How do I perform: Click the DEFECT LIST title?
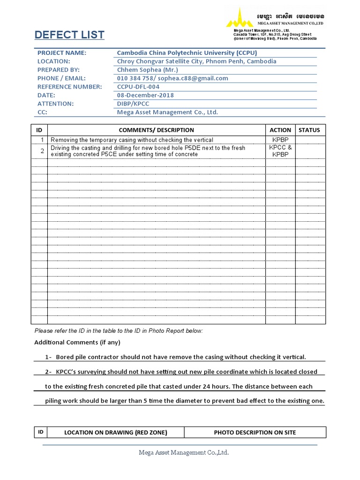coord(69,35)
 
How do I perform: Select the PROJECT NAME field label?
coord(62,53)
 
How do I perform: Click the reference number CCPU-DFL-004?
coord(138,87)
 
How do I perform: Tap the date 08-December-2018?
coord(145,95)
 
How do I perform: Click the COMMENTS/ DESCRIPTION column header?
coord(156,130)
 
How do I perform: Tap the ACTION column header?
coord(280,130)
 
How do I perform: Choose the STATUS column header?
coord(309,130)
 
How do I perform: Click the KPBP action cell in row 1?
coord(280,140)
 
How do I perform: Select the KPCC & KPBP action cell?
coord(280,151)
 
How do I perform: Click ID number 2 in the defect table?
coord(42,151)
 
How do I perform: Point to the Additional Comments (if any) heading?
coord(77,342)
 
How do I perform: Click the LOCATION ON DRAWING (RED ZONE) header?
coord(115,432)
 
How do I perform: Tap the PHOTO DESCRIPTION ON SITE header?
coord(255,432)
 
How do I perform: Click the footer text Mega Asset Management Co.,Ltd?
coord(184,452)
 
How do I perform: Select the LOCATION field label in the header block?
coord(54,61)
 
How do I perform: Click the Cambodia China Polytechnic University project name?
coord(187,53)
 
